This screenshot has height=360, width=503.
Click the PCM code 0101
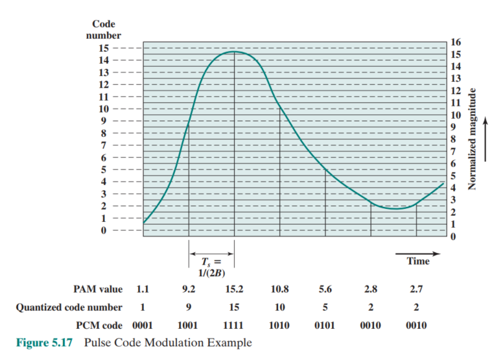[325, 325]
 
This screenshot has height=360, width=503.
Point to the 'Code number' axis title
[103, 30]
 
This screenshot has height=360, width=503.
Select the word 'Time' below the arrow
[418, 261]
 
